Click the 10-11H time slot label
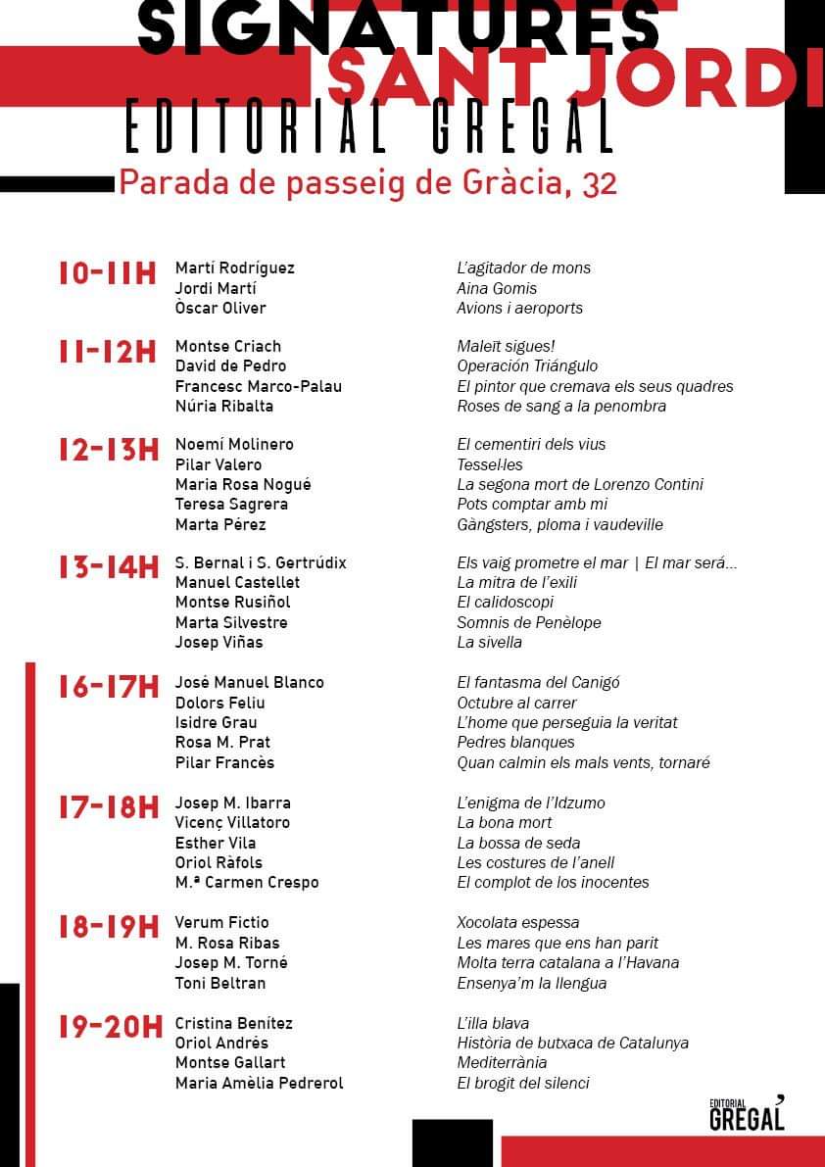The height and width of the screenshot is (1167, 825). pos(108,273)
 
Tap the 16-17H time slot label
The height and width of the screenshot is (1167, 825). pos(108,688)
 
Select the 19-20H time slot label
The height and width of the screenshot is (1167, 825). pos(110,1028)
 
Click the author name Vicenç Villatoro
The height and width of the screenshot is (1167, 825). pos(232,822)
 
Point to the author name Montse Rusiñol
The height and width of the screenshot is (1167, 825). pos(232,602)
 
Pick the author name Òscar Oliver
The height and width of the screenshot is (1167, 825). pos(220,308)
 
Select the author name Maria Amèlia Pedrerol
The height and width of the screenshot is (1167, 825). pos(259,1083)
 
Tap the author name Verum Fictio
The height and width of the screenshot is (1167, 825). pos(221,922)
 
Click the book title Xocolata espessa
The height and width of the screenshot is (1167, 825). pos(518,922)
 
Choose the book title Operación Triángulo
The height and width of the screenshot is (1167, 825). pos(527,365)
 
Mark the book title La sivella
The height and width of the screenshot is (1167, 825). pos(489,642)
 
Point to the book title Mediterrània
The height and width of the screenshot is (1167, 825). pos(502,1062)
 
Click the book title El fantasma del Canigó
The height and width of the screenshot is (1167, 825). pos(538,682)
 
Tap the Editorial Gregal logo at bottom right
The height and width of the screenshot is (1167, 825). pos(747,1113)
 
